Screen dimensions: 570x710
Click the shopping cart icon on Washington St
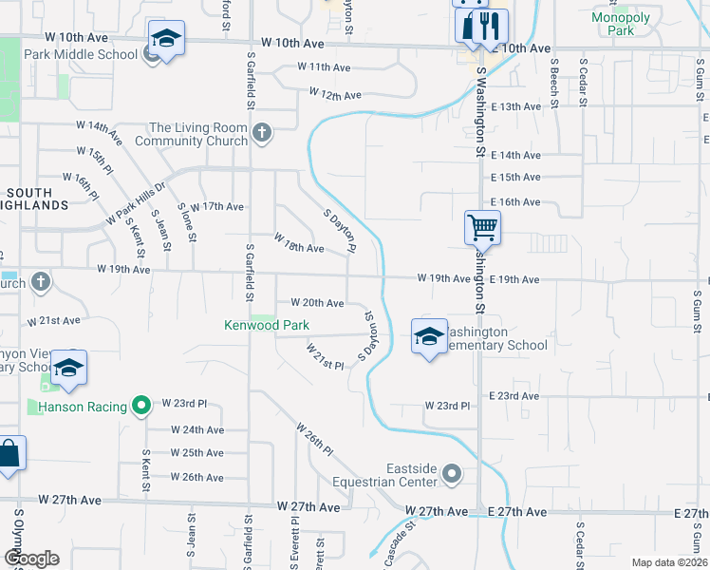pyautogui.click(x=482, y=227)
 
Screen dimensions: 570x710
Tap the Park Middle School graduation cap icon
pyautogui.click(x=166, y=39)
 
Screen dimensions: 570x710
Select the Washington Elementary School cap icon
pyautogui.click(x=429, y=335)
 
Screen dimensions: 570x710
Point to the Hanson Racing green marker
pyautogui.click(x=141, y=407)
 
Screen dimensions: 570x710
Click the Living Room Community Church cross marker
pyautogui.click(x=262, y=134)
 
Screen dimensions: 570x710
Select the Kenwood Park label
pyautogui.click(x=267, y=325)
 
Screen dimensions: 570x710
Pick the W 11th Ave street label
pyautogui.click(x=325, y=67)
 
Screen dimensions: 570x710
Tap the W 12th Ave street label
pyautogui.click(x=335, y=95)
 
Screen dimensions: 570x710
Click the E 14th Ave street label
pyautogui.click(x=515, y=155)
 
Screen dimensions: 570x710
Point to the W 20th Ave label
pyautogui.click(x=317, y=303)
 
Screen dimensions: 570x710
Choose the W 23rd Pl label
pyautogui.click(x=447, y=406)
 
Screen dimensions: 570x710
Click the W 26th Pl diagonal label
pyautogui.click(x=315, y=438)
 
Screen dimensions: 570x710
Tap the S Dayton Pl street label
pyautogui.click(x=338, y=232)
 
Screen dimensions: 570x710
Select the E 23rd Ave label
pyautogui.click(x=514, y=395)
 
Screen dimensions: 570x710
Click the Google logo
pyautogui.click(x=31, y=558)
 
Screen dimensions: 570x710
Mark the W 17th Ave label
pyautogui.click(x=217, y=206)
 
